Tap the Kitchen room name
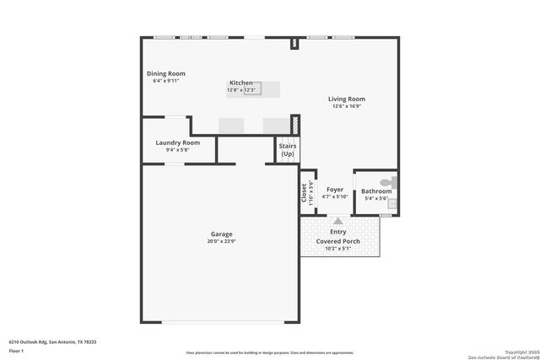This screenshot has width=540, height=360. coord(242,83)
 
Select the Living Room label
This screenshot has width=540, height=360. coord(346,99)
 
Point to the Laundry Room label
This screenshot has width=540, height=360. coord(178,142)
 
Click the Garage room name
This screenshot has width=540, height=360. coord(222,234)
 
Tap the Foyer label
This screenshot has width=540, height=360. coord(336,191)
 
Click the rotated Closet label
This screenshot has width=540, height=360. coord(305,192)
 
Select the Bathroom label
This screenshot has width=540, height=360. coord(376,191)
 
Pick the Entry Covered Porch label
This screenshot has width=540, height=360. coord(338,236)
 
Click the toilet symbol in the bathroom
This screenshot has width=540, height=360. coord(388,181)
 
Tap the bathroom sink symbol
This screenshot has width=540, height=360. coord(391,203)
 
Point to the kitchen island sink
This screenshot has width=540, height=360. coord(252,88)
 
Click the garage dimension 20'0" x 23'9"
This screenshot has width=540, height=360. coord(222,242)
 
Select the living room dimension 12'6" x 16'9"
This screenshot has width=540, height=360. coord(346,106)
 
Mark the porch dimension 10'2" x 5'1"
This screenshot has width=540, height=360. coord(338,249)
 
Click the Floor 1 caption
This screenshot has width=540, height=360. coord(15,349)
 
